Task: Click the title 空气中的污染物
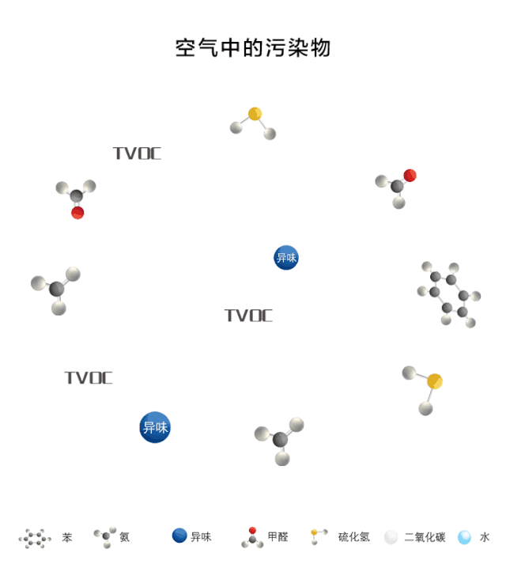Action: pos(252,47)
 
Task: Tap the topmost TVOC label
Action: pos(137,153)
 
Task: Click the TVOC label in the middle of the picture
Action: pos(248,316)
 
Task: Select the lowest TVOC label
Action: pos(89,378)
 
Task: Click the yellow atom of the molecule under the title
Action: pos(255,114)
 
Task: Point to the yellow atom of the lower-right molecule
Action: pos(434,381)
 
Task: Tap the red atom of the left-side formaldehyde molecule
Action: pos(77,212)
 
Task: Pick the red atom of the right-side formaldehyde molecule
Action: pos(410,176)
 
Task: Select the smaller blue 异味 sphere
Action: pos(286,257)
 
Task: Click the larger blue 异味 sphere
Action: pos(155,427)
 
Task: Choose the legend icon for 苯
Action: pos(35,538)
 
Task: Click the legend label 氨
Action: pos(125,537)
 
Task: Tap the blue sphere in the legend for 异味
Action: pos(179,536)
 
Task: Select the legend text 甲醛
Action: pos(278,537)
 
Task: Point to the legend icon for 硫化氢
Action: pos(319,536)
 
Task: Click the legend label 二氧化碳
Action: pos(425,537)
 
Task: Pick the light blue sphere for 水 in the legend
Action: pos(464,537)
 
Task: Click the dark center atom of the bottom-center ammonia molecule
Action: pos(281,439)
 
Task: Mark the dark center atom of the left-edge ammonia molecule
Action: pos(57,289)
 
